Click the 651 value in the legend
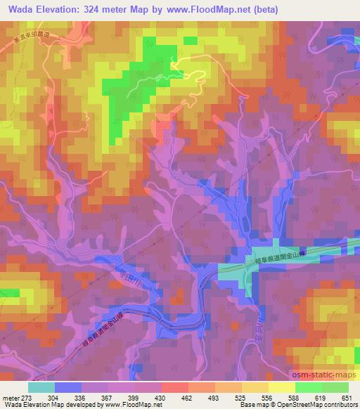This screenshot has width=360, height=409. pyautogui.click(x=347, y=398)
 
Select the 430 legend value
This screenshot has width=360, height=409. pyautogui.click(x=161, y=398)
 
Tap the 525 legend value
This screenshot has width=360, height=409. pyautogui.click(x=240, y=398)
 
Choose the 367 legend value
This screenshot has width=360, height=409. pyautogui.click(x=108, y=398)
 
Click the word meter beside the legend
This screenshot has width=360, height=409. pyautogui.click(x=11, y=398)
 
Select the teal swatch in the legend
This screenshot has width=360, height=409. pyautogui.click(x=41, y=387)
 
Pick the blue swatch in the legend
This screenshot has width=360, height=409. pyautogui.click(x=68, y=387)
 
